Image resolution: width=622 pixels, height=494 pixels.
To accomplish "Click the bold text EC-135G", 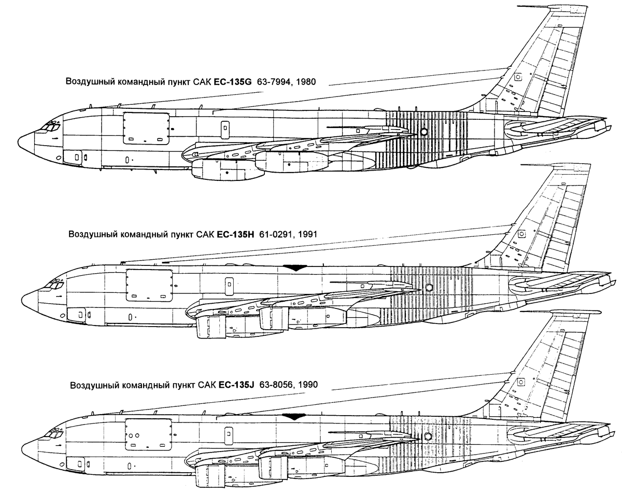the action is coord(232,82).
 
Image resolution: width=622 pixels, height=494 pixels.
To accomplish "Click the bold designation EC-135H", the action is coord(235,234).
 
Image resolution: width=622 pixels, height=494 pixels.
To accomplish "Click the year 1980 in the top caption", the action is coord(306,82).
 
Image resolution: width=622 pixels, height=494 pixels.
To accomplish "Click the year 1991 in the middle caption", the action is coord(307,234).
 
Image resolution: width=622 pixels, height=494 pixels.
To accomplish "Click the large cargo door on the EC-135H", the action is coord(149,286).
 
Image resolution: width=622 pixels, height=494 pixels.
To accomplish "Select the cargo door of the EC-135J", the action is coord(148,435).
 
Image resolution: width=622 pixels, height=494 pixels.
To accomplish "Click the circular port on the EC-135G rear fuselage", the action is coord(423,132).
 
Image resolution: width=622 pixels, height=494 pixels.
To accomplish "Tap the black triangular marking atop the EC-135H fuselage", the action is coord(295,267).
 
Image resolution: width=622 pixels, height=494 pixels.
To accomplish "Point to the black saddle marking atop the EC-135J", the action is coord(294,417).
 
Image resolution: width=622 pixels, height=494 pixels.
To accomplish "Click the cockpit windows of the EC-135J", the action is coord(53,433).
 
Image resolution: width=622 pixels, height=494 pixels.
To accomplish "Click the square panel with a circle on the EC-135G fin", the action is coord(518,77).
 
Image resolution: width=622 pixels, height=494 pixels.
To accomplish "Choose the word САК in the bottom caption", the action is coord(207,385).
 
